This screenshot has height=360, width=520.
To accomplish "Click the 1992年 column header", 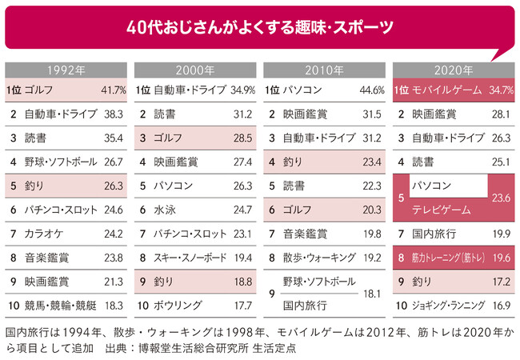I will tap(65, 70).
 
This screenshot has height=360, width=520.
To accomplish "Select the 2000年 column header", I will tap(194, 70).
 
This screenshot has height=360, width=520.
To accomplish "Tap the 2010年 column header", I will tap(324, 70).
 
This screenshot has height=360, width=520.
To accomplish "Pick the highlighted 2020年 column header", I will tap(454, 70).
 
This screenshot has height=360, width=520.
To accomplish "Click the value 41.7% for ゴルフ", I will tap(109, 90).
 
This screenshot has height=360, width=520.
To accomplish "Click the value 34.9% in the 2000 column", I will tap(238, 90).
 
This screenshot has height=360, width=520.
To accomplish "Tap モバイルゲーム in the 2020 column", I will tap(447, 90).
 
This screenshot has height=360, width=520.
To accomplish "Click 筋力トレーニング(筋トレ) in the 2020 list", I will tap(449, 258).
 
